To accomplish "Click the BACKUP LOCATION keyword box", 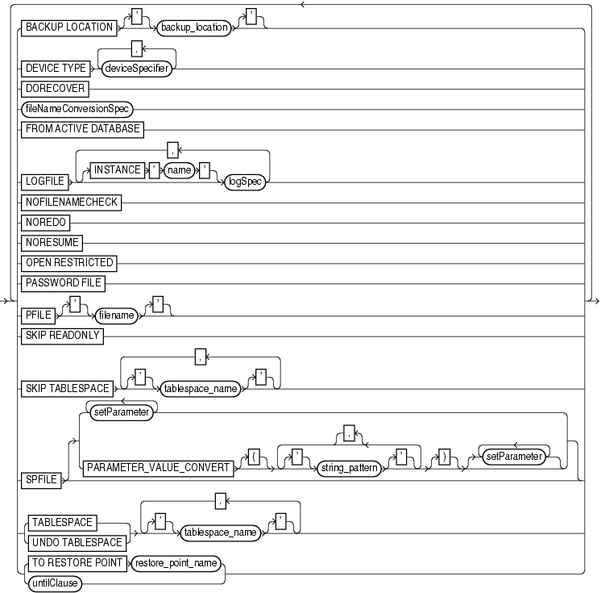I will (69, 27).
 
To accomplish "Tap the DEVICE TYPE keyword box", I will (55, 69).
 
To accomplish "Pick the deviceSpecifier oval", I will (135, 69).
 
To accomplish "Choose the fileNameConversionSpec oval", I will (77, 107).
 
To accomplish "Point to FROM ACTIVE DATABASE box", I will (82, 127).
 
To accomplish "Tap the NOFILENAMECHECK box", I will (70, 203).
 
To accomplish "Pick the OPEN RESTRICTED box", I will (70, 262).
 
